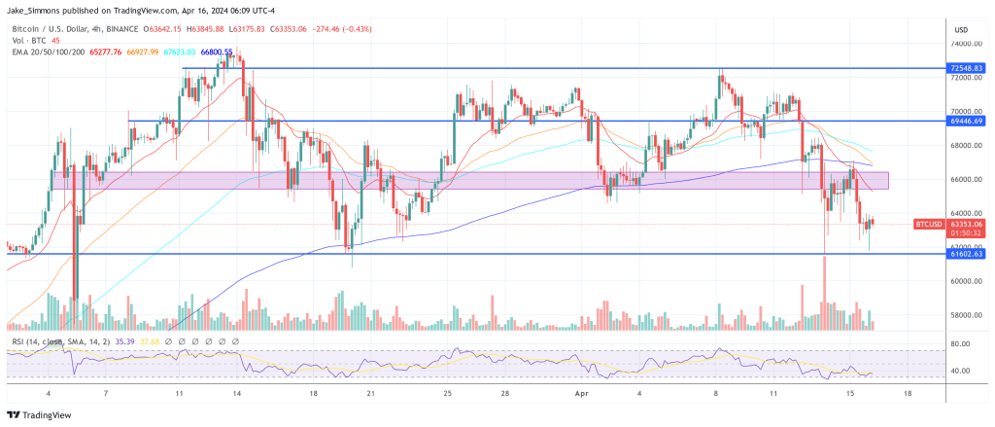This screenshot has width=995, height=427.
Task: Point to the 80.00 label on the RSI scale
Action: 961,344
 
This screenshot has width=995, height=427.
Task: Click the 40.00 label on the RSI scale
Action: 961,371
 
